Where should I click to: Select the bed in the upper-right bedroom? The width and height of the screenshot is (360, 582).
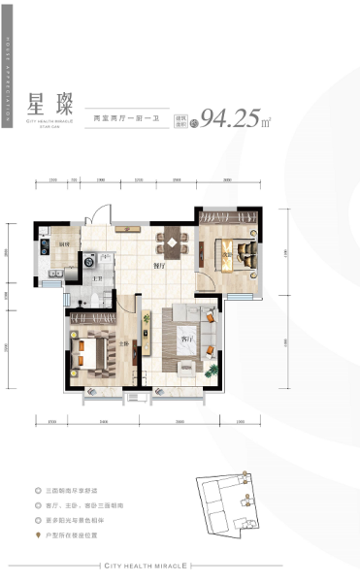coord(233,253)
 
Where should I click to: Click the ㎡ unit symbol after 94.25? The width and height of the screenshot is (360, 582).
coord(266,121)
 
